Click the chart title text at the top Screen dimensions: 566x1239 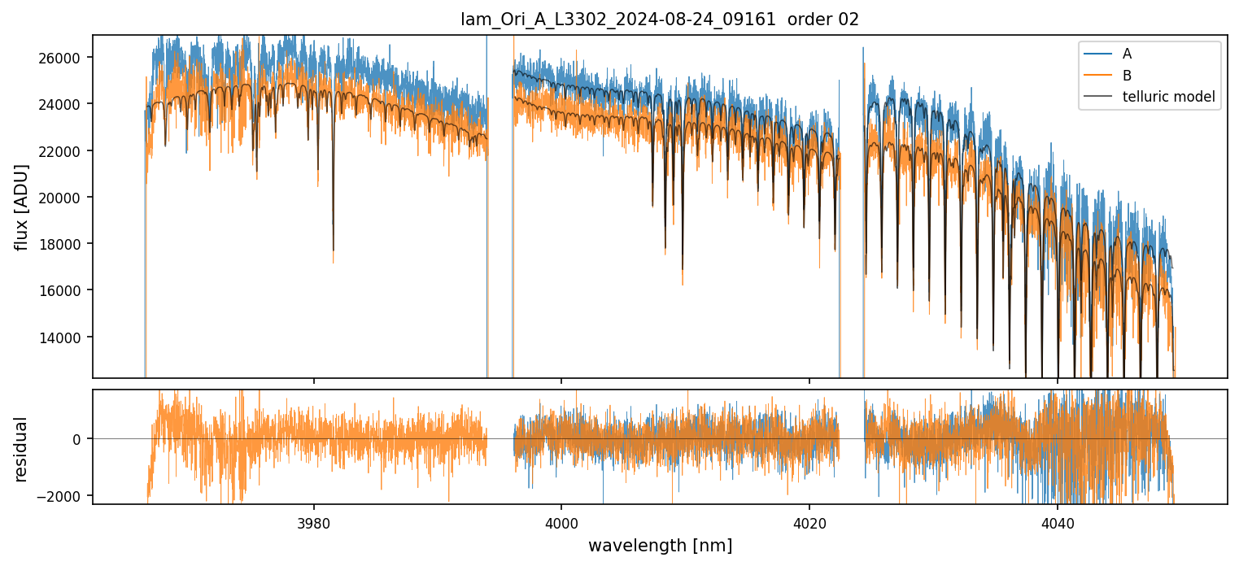pyautogui.click(x=660, y=20)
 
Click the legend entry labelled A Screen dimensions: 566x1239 pyautogui.click(x=1127, y=54)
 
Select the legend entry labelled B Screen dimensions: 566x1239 pyautogui.click(x=1127, y=76)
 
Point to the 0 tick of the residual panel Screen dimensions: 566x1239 pyautogui.click(x=77, y=439)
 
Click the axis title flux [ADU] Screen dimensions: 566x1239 pyautogui.click(x=22, y=207)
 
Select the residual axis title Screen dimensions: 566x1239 pyautogui.click(x=22, y=449)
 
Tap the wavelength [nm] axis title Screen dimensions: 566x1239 pyautogui.click(x=660, y=545)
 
